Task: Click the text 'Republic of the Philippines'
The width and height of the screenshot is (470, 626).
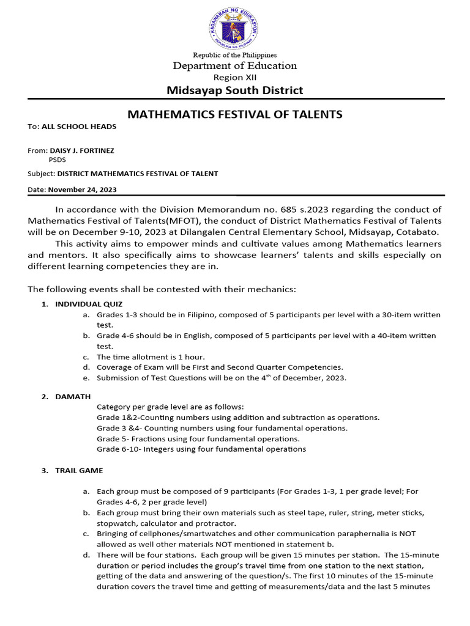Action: coord(234,56)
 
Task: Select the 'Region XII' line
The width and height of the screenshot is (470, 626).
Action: coord(234,77)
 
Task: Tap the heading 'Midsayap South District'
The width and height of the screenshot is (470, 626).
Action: coord(234,90)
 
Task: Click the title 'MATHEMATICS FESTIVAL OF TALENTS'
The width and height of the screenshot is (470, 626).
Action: coord(234,114)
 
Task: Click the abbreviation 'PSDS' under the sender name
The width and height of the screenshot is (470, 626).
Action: coord(58,160)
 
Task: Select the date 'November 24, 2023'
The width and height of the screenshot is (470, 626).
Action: coord(82,190)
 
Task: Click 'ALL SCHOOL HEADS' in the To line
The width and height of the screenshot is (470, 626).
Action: coord(78,127)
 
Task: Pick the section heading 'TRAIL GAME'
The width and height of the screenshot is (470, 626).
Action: coord(79,471)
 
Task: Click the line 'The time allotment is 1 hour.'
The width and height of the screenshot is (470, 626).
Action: coord(151,356)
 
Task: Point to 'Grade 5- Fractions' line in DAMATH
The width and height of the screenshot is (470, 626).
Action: coord(198,439)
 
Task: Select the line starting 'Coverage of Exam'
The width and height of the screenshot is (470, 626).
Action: coord(220,367)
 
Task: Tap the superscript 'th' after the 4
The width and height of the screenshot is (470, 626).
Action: coord(272,375)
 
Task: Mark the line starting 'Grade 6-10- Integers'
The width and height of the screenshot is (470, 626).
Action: coord(201,449)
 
